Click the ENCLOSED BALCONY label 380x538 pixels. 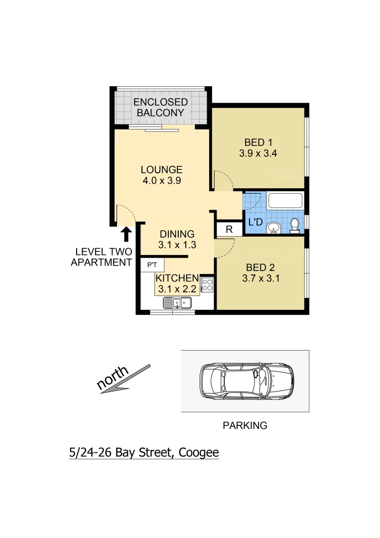(x=160, y=108)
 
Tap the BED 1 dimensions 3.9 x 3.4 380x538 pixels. (x=258, y=153)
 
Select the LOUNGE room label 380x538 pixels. (x=161, y=169)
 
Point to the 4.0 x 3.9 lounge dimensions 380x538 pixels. (x=161, y=181)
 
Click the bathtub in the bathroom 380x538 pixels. (x=285, y=201)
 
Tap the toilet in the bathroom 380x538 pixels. (x=294, y=225)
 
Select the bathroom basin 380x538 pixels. (x=272, y=228)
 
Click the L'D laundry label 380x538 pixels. (x=254, y=222)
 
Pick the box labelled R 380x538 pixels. (x=229, y=230)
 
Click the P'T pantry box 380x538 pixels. (x=152, y=265)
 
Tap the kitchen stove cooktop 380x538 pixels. (x=207, y=285)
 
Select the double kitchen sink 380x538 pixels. (x=178, y=301)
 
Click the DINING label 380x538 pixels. (x=177, y=234)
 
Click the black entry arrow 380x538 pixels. (x=127, y=234)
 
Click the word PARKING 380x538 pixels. (x=245, y=425)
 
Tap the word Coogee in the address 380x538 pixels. (x=199, y=453)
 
